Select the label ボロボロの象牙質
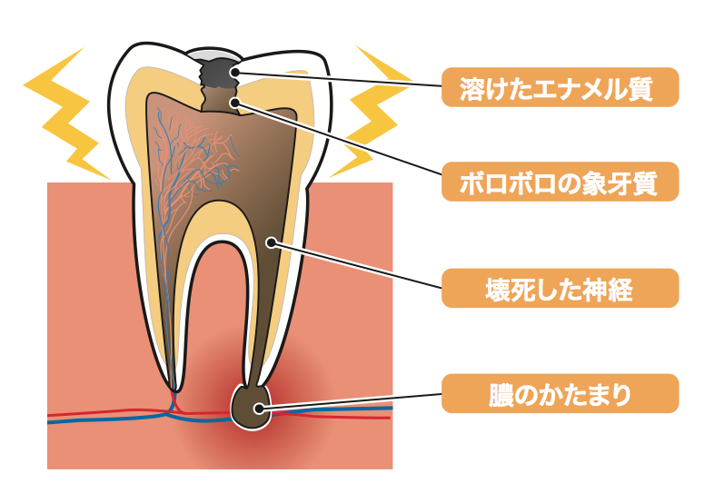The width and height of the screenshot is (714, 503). coord(560,182)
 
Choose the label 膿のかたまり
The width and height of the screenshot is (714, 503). coord(560,394)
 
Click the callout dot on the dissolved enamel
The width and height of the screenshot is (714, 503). coord(235,72)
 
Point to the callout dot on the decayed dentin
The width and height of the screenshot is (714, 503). coord(235,102)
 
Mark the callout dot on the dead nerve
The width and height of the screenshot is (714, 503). coord(271,242)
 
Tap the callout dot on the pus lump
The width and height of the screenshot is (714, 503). coord(259,408)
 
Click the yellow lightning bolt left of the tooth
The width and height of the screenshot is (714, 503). coord(68,113)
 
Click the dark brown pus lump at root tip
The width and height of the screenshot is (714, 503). coord(251,408)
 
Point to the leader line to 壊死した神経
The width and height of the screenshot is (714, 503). coord(356,265)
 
